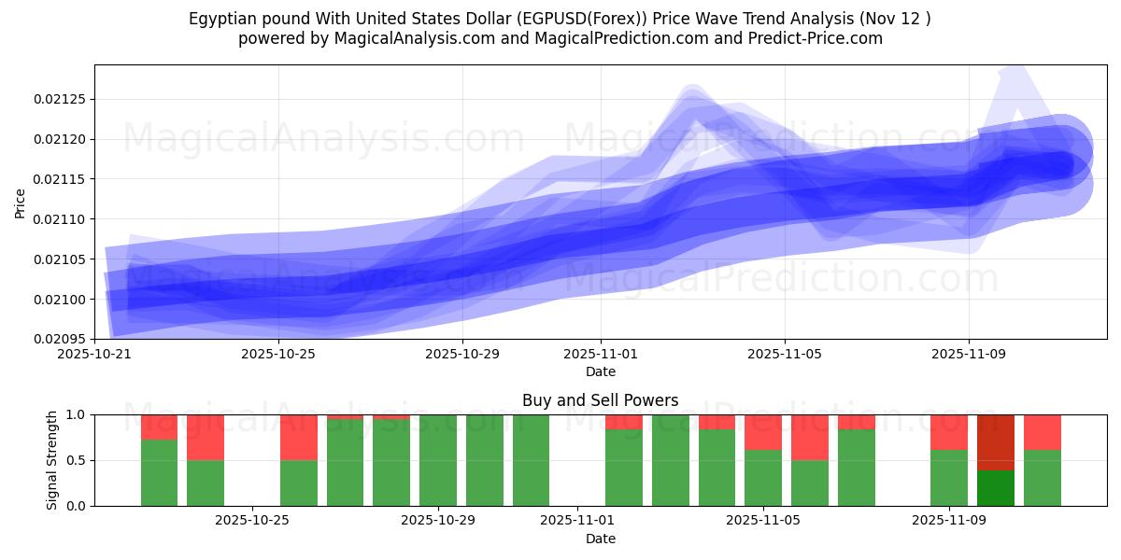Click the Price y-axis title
tap(21, 202)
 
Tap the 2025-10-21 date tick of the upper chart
tap(94, 355)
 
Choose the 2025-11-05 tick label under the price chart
tap(784, 355)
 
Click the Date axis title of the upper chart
tap(600, 371)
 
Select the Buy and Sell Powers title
tap(600, 400)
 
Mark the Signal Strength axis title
tap(52, 460)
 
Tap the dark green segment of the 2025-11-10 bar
tap(995, 488)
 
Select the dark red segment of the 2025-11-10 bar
tap(995, 442)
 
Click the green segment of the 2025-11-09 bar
tap(949, 478)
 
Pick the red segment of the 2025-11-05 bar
tap(763, 432)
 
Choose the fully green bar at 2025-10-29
tap(438, 460)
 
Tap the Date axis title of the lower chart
tap(600, 539)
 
